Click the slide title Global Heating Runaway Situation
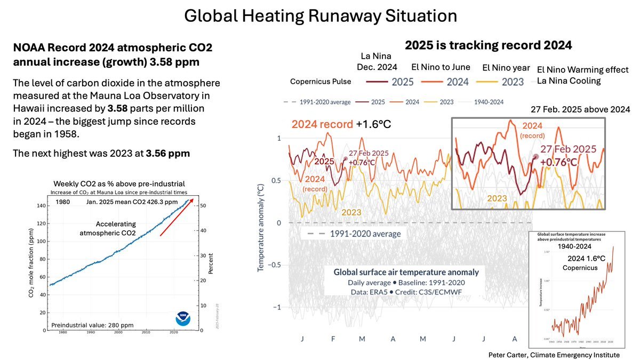click(320, 16)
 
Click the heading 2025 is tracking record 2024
click(488, 46)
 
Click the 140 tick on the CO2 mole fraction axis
click(42, 205)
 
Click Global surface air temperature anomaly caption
click(406, 272)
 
